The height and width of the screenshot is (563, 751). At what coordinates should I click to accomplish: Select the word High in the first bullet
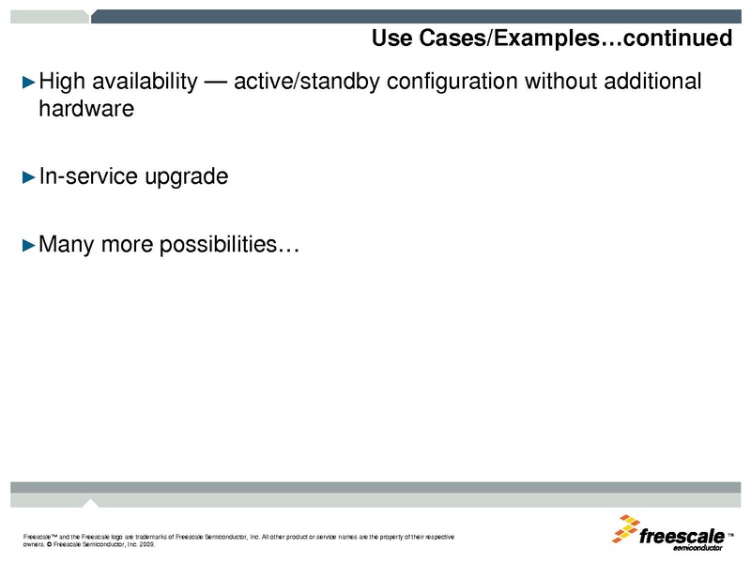[62, 83]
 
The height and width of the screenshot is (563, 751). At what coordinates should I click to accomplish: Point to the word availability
[144, 83]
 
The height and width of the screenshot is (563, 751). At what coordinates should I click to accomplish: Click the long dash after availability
[215, 83]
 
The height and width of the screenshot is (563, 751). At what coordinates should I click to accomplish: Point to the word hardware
[86, 109]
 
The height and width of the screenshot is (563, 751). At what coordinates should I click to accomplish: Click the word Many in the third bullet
[66, 246]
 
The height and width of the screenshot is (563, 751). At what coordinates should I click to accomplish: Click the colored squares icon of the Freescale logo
[626, 528]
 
